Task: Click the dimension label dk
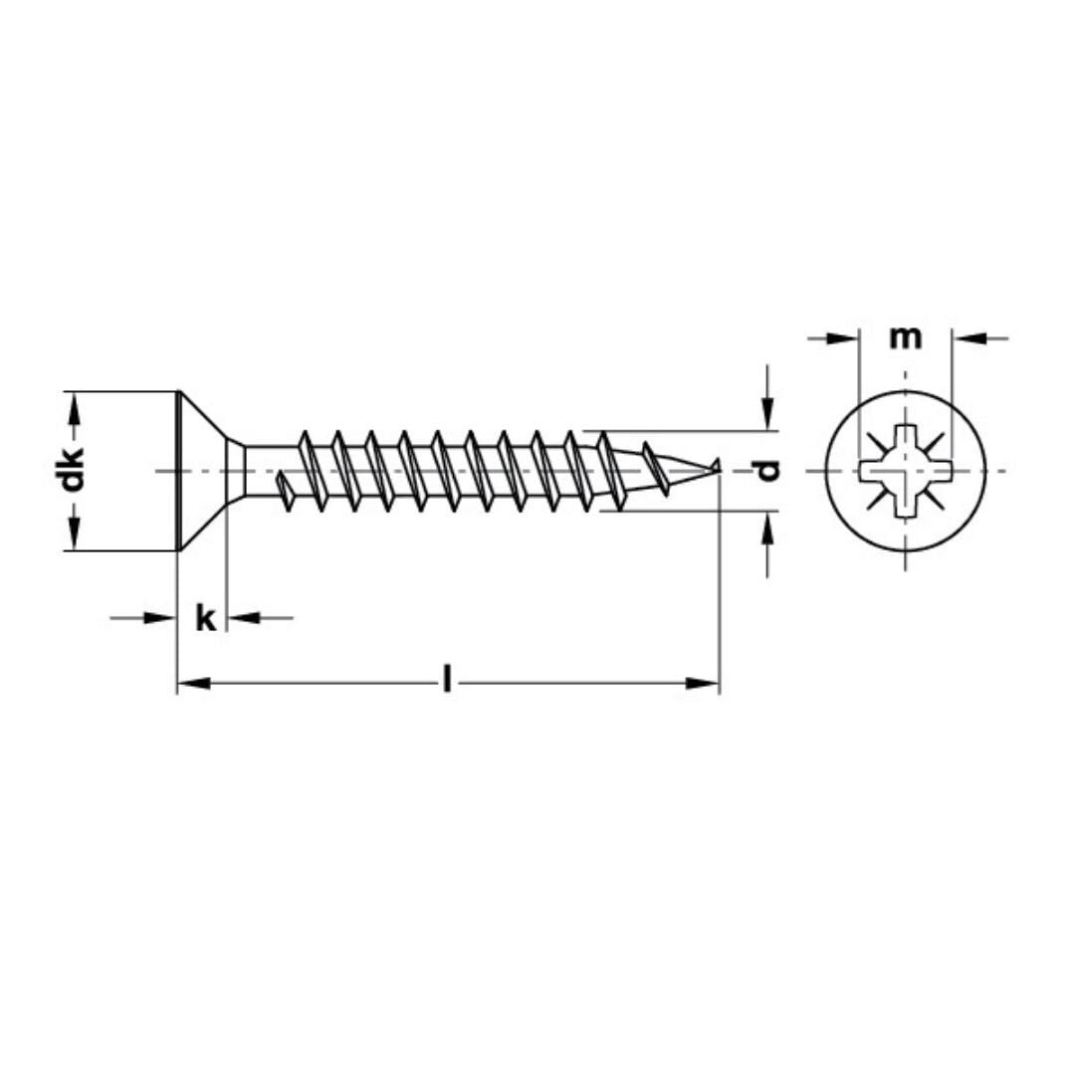pos(73,471)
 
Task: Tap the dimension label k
pos(205,618)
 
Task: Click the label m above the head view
pos(905,338)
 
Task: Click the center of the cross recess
pos(906,471)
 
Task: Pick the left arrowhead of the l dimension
pos(193,684)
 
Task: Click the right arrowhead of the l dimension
pos(704,684)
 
